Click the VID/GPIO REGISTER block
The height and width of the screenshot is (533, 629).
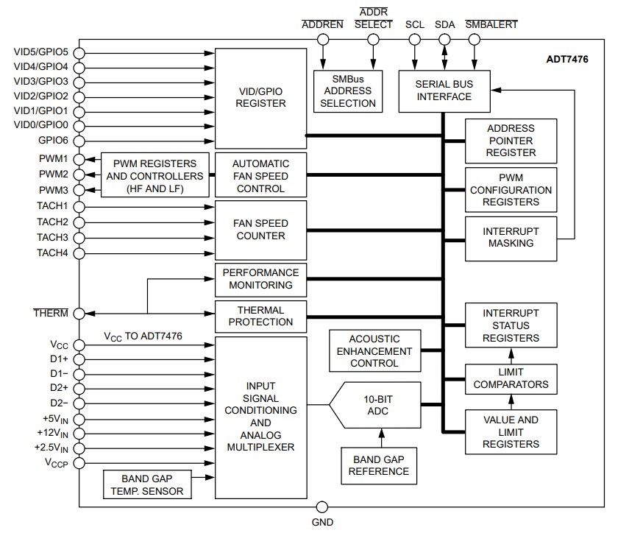(260, 98)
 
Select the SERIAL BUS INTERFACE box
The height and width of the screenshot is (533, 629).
(443, 91)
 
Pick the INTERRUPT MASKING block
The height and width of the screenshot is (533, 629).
(511, 237)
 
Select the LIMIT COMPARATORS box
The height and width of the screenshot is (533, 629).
(511, 378)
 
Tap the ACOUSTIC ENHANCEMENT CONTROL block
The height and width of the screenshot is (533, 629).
(374, 351)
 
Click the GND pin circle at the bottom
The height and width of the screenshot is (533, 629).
(321, 507)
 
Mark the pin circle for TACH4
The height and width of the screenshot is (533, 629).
(79, 253)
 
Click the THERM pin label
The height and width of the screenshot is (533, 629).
(51, 314)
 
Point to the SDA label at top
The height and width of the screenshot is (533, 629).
(445, 24)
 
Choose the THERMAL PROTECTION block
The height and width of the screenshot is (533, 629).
(260, 316)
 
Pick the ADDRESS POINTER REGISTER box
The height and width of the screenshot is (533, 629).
(511, 141)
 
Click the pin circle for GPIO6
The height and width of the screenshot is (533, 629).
(79, 140)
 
